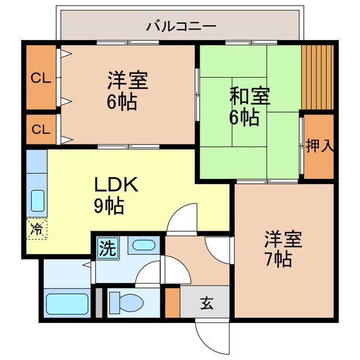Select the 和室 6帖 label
249,106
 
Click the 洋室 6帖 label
128,90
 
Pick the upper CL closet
41,78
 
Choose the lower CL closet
41,129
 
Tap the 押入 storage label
319,146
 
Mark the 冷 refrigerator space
37,229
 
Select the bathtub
66,304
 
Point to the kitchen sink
38,200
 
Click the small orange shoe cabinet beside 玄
172,303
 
